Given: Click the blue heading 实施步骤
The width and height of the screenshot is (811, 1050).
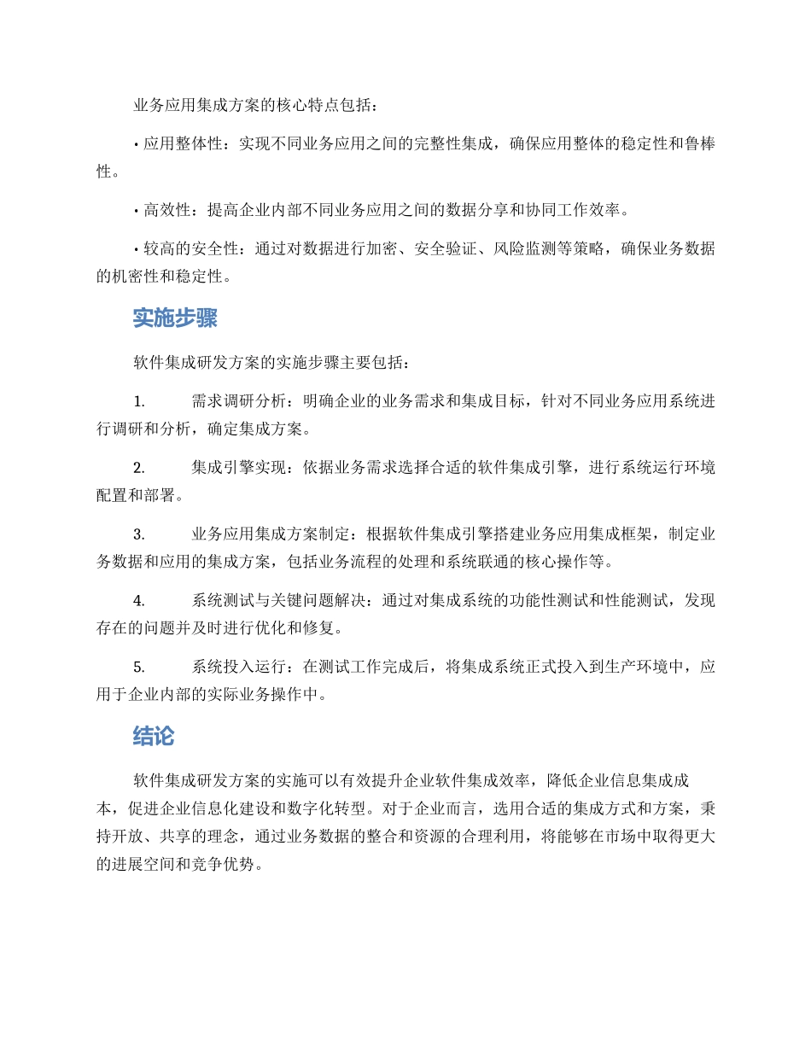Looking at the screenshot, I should (x=174, y=318).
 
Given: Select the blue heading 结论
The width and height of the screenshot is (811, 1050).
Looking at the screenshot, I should (x=154, y=736).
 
